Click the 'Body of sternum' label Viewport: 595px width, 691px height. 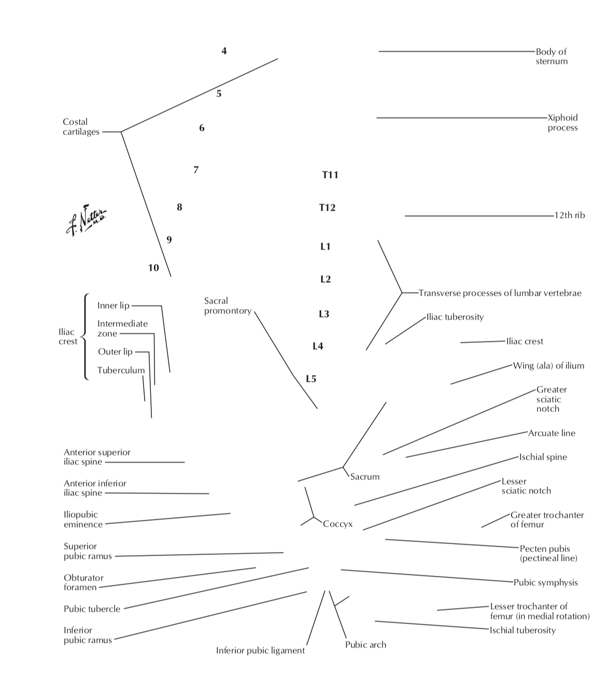click(551, 57)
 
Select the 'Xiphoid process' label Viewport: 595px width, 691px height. click(562, 122)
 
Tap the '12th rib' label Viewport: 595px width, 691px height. click(570, 215)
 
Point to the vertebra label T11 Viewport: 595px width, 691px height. click(330, 175)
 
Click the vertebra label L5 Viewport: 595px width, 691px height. click(311, 379)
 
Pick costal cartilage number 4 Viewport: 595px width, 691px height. click(224, 51)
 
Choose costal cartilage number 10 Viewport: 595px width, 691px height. click(153, 268)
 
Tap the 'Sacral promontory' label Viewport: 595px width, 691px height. click(228, 306)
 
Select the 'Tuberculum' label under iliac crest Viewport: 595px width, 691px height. click(121, 370)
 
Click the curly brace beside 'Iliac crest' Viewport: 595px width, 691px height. click(85, 337)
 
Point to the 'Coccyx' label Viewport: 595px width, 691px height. click(337, 524)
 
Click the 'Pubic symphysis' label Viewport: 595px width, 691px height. click(545, 583)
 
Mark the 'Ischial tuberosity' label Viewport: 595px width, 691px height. click(522, 630)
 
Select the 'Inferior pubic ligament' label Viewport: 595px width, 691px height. click(260, 651)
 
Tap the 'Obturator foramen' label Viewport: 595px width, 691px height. click(83, 583)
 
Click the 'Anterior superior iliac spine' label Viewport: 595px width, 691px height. click(97, 457)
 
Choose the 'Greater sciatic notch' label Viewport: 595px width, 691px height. click(551, 399)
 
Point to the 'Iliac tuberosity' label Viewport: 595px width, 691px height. click(455, 317)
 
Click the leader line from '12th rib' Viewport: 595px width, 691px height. click(477, 216)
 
